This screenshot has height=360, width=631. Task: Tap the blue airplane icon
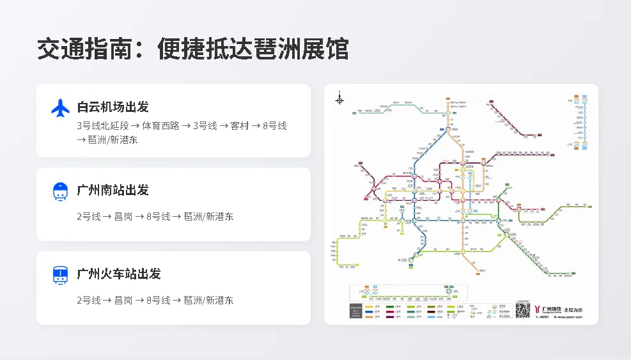point(60,108)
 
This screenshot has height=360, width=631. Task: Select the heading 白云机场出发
point(113,107)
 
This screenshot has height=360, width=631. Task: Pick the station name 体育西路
point(161,125)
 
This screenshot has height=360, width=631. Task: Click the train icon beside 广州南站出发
point(60,191)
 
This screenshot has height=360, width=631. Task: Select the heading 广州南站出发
point(113,190)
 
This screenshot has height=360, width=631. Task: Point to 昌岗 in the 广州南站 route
point(123,216)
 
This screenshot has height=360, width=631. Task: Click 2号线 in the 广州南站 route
point(89,216)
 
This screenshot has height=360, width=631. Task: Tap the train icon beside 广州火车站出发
point(60,275)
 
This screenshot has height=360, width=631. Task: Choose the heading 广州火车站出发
point(119,274)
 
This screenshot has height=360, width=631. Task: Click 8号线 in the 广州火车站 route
point(158,300)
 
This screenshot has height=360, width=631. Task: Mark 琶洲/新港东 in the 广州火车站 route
point(208,300)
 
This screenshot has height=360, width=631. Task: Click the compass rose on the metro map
point(339,99)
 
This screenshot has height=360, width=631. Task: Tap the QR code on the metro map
point(523,310)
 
